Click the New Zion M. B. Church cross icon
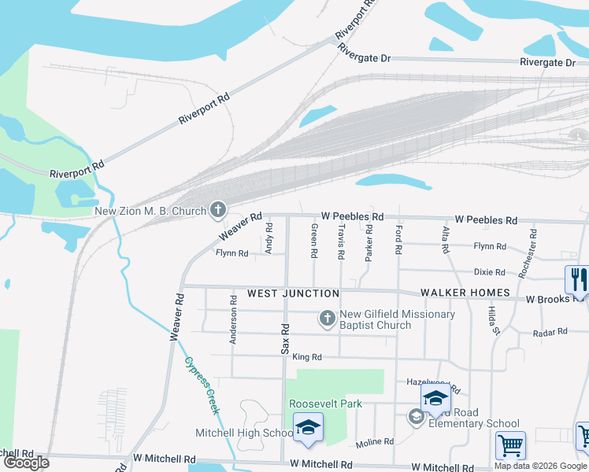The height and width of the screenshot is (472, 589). [x=218, y=210]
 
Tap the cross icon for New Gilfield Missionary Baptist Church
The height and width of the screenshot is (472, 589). [x=327, y=319]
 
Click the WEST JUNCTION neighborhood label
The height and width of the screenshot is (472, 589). [x=293, y=293]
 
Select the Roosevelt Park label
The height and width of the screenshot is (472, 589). [x=325, y=404]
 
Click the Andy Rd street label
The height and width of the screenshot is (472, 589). [x=269, y=238]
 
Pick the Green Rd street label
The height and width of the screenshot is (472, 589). [x=313, y=241]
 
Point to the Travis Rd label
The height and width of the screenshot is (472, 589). [x=341, y=241]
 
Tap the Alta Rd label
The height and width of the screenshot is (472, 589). [x=445, y=238]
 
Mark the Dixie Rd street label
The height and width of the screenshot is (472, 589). [x=489, y=272]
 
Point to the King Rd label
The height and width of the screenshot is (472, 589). [x=307, y=357]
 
